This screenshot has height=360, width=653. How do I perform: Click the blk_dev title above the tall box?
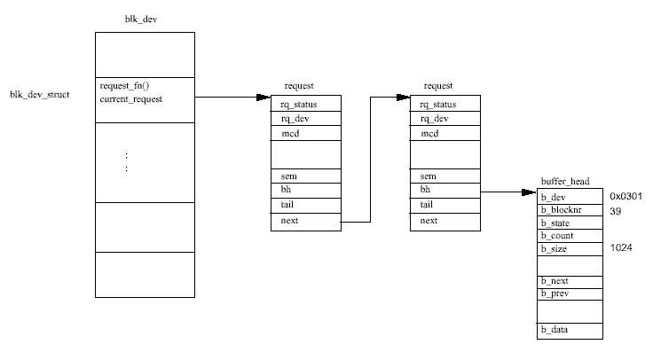click(141, 20)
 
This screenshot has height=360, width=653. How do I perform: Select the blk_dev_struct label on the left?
click(40, 95)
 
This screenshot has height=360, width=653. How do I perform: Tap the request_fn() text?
click(124, 86)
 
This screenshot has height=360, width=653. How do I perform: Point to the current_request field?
click(131, 99)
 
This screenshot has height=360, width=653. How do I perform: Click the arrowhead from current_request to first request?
click(264, 98)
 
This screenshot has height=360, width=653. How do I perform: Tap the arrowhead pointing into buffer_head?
click(529, 192)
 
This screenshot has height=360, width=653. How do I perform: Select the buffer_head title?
click(565, 182)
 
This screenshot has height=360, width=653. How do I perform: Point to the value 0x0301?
click(625, 196)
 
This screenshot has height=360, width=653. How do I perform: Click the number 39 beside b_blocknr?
click(616, 211)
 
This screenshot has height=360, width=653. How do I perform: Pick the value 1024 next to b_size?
click(621, 247)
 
